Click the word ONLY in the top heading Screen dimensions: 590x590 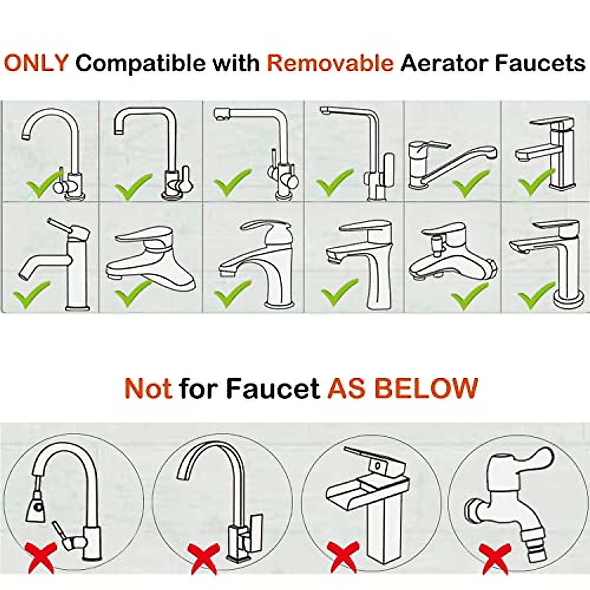point(36,63)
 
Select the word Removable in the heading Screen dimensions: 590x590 point(330,63)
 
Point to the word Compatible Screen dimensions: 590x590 point(141,63)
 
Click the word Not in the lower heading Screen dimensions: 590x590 point(148,388)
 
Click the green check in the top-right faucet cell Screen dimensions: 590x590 point(534,182)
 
